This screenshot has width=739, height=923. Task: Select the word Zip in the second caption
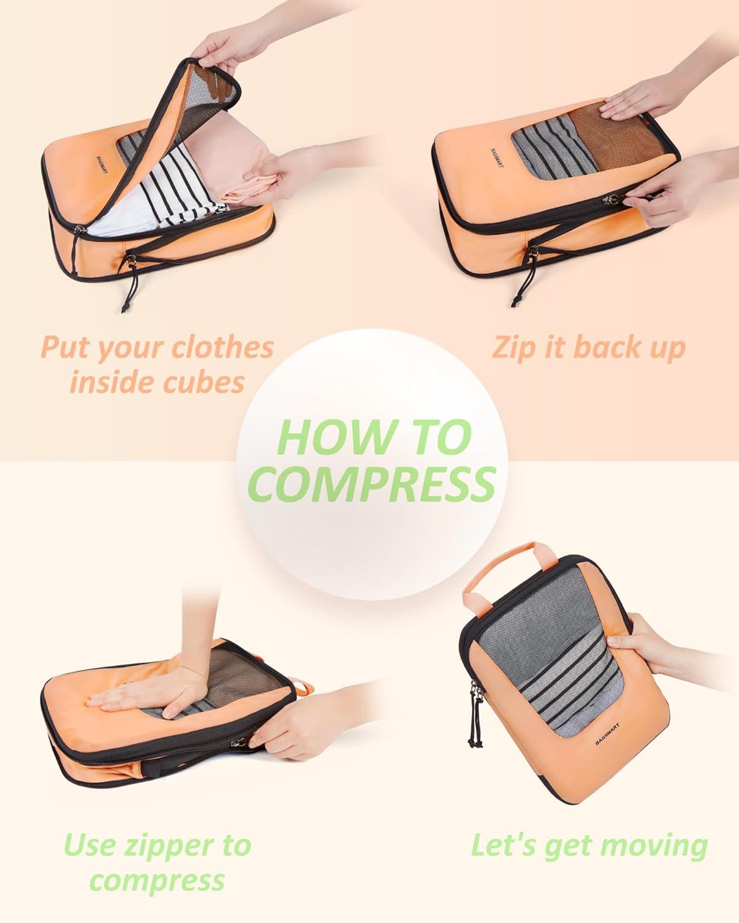click(513, 348)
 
